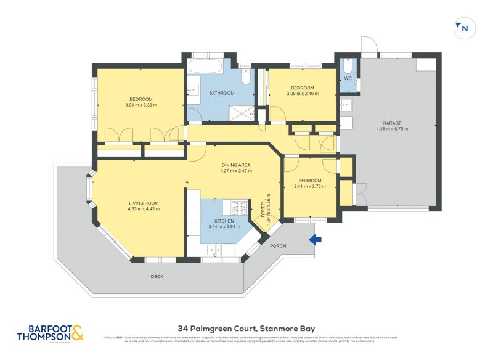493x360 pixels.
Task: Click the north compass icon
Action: tap(462, 27)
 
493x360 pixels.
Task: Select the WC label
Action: tap(348, 79)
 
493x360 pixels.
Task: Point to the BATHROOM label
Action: tap(221, 93)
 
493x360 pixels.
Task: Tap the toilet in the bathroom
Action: tap(245, 76)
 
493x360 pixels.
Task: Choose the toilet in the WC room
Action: tap(348, 66)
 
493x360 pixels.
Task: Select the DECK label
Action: tap(157, 277)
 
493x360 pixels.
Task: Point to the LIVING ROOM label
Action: tap(144, 203)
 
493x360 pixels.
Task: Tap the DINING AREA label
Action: tap(236, 165)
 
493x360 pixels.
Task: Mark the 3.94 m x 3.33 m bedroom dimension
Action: tap(141, 105)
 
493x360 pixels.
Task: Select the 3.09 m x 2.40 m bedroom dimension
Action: tap(302, 94)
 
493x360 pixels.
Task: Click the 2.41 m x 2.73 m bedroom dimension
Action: tap(310, 186)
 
